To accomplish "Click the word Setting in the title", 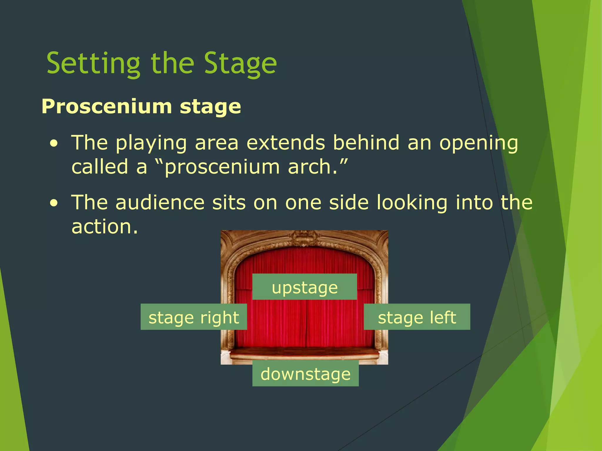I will [x=93, y=64].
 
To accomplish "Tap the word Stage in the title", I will [x=240, y=64].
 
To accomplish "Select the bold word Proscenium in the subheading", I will [x=107, y=106].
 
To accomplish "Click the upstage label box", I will [x=305, y=287].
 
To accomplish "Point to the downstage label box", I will [x=305, y=373].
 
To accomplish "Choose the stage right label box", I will [x=193, y=317].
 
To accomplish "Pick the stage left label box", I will [x=417, y=317].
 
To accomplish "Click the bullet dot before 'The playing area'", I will [x=53, y=144].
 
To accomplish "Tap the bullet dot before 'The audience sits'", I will [x=53, y=204].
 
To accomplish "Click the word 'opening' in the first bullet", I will [x=479, y=144].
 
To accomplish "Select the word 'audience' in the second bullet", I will [x=160, y=203].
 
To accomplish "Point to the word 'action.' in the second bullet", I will [x=105, y=227].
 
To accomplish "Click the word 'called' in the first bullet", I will [x=100, y=167].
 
